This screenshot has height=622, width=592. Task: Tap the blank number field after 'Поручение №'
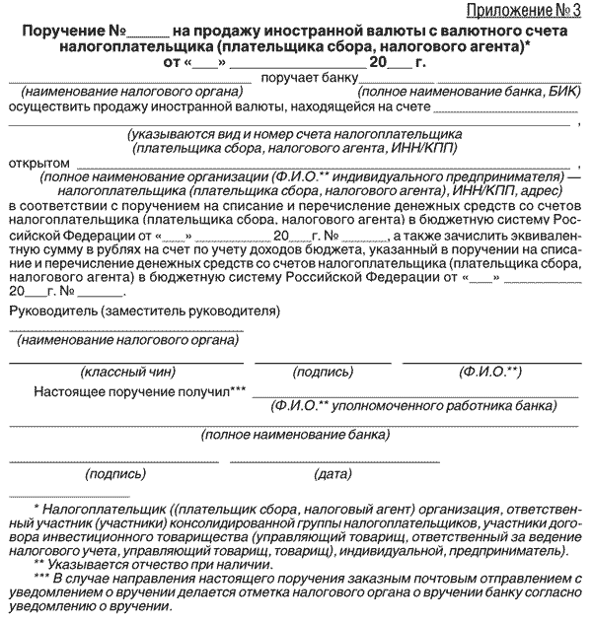pos(145,35)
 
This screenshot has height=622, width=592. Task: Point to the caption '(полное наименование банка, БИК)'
pos(473,92)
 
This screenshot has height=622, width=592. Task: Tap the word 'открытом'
pos(38,163)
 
